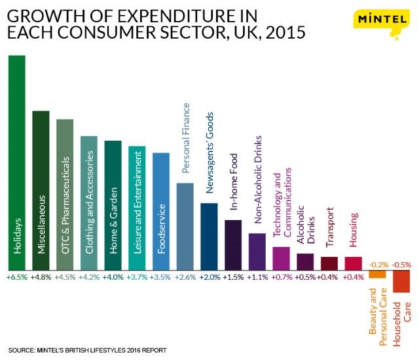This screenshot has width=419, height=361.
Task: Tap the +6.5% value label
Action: [16, 278]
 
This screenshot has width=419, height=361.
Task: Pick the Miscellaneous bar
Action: [41, 190]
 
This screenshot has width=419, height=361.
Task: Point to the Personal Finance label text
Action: [186, 138]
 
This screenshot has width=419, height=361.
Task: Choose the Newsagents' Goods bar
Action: [209, 236]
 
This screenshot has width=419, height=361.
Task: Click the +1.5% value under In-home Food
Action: [233, 278]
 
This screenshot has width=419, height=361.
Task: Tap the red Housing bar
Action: [354, 263]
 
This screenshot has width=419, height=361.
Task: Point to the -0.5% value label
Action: [403, 265]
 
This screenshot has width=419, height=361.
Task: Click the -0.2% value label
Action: [378, 265]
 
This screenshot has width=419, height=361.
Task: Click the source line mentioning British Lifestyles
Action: [88, 351]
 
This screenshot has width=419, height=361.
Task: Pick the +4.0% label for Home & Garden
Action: [113, 278]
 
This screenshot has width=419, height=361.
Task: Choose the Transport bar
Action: [329, 263]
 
